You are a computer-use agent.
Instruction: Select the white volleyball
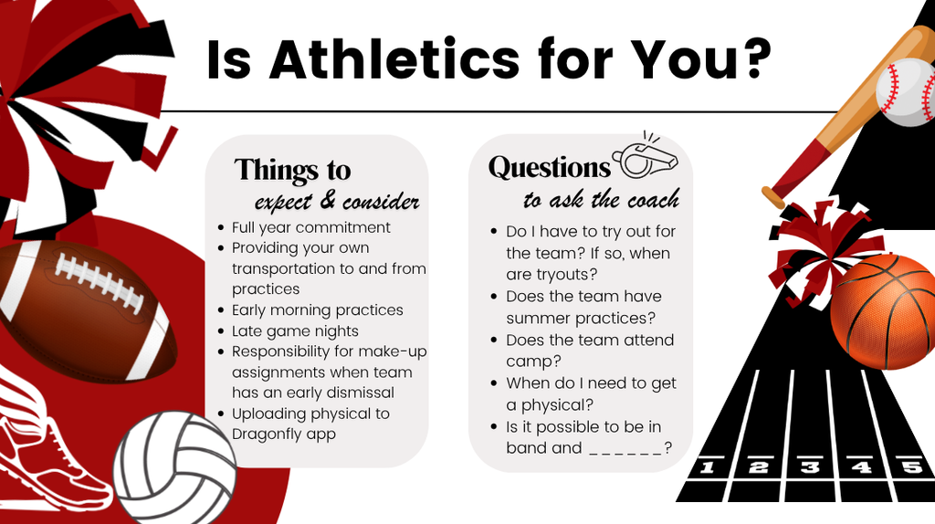[174, 466]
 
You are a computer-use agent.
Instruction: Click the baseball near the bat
[907, 91]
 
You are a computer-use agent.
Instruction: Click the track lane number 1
[706, 468]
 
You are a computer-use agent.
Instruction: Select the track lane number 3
[809, 468]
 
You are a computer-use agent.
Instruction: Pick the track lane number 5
[910, 468]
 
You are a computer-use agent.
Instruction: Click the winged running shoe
[46, 447]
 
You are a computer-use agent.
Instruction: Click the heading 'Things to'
[292, 171]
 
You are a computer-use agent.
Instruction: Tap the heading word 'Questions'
[549, 168]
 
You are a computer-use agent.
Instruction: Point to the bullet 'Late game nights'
[295, 330]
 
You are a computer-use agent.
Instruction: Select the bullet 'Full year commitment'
[310, 227]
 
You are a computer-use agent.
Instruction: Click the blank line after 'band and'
[625, 448]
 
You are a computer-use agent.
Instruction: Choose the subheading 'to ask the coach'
[601, 199]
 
